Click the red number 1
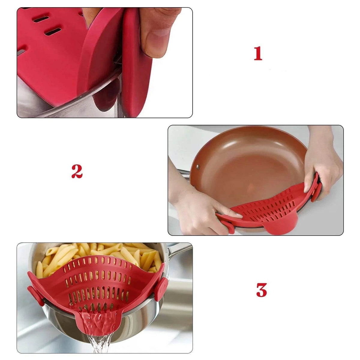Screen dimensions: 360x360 click(258, 54)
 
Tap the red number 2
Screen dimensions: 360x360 click(77, 171)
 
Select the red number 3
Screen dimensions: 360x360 click(261, 290)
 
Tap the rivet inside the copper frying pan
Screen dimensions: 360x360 click(198, 166)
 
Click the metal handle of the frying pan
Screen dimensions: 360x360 click(183, 172)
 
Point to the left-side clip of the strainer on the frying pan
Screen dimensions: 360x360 click(229, 226)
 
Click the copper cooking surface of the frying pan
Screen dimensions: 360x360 click(249, 168)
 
